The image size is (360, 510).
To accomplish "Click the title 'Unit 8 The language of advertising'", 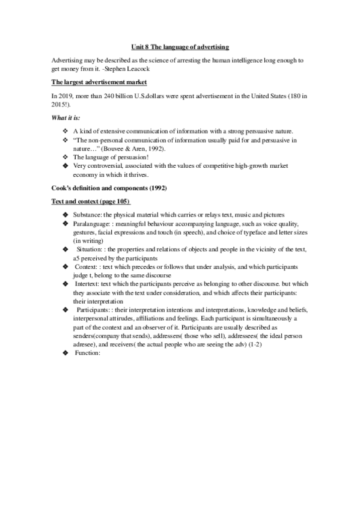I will [180, 46].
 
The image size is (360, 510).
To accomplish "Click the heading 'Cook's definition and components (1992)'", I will [109, 188].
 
